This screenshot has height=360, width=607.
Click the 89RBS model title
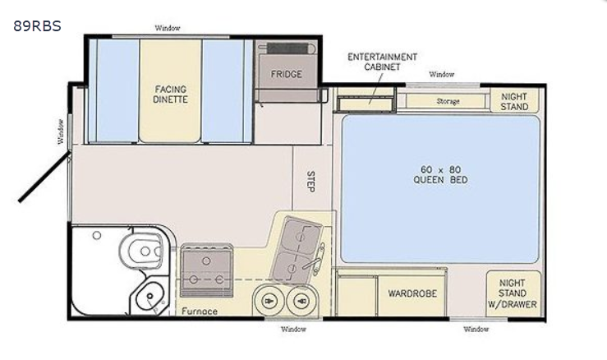37,26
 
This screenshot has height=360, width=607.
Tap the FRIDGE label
286,74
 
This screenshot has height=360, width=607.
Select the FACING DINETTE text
170,95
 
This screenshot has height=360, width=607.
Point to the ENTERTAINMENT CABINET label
382,62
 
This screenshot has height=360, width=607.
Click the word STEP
310,182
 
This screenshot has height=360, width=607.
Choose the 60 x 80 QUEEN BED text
440,175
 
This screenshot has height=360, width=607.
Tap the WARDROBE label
412,293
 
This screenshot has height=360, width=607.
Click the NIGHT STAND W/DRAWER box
513,293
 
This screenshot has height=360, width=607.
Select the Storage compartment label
448,101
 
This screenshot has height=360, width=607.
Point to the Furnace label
200,312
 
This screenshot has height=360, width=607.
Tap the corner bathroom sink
150,297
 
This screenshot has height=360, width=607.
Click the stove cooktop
207,270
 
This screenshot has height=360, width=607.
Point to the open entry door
44,177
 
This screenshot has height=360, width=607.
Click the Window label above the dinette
168,28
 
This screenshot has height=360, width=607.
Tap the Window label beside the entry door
61,132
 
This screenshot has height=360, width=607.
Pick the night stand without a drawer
514,101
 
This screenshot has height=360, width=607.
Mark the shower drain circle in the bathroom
97,235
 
